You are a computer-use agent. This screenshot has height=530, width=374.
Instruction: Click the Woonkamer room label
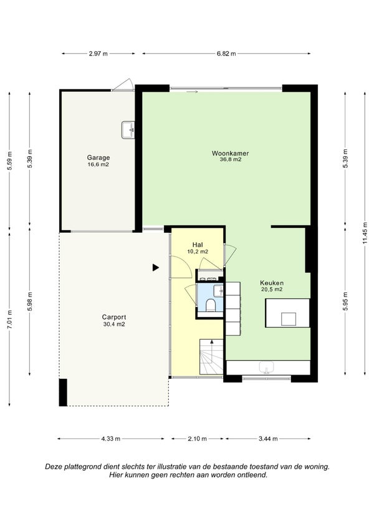tap(230, 153)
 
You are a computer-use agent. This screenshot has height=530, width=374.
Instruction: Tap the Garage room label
tap(98, 157)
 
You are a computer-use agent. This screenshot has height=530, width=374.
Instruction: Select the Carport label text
tap(114, 317)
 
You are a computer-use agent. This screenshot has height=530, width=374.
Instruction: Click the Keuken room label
tap(272, 283)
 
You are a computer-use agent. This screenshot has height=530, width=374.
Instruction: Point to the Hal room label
tap(198, 245)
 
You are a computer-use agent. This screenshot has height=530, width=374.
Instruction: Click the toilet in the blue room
tap(211, 305)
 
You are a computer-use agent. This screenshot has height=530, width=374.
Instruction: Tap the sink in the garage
tap(128, 130)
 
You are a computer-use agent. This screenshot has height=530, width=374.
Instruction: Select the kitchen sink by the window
tap(267, 368)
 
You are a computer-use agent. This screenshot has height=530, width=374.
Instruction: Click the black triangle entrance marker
tap(155, 268)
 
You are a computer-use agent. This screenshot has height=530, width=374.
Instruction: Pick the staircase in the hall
tap(211, 356)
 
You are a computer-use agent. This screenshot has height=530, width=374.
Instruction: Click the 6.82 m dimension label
tap(226, 54)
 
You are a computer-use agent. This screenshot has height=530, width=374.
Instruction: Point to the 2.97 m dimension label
tap(98, 54)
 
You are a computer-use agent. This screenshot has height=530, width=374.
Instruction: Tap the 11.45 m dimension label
tap(365, 233)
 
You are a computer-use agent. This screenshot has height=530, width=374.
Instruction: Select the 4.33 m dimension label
tap(111, 439)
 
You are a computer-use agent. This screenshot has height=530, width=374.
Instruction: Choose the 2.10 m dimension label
tap(197, 439)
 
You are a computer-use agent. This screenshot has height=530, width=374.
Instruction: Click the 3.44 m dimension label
tap(269, 439)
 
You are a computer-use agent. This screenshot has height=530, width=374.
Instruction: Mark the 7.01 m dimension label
tap(9, 320)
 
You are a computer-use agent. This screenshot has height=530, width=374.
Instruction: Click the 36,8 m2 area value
tap(231, 160)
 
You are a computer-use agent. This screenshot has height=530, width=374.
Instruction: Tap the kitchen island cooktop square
tap(289, 319)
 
